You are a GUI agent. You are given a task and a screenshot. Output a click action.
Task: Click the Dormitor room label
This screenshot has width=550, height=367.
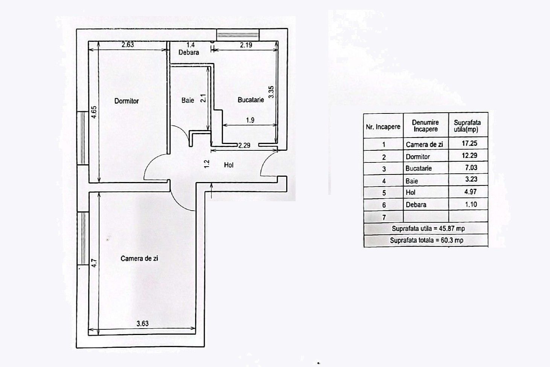click(x=126, y=101)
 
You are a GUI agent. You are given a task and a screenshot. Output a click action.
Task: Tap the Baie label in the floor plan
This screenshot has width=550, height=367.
click(x=187, y=100)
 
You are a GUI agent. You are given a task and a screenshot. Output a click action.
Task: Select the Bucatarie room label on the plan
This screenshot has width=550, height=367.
click(x=250, y=100)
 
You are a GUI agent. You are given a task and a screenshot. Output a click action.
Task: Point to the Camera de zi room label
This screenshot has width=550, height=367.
click(x=139, y=258)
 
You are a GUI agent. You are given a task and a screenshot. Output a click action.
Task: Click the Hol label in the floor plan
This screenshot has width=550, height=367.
click(x=229, y=165)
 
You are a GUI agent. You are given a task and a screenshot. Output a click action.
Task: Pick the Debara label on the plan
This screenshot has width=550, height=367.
click(x=189, y=52)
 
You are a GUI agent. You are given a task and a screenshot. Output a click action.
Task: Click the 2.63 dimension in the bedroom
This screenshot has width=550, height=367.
click(x=128, y=44)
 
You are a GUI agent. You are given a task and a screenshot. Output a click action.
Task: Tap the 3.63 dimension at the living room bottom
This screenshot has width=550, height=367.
click(x=142, y=323)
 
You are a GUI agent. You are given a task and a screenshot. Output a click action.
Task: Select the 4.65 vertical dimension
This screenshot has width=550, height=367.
click(x=94, y=112)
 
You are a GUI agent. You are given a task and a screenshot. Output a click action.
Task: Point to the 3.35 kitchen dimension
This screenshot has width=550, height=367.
click(x=271, y=92)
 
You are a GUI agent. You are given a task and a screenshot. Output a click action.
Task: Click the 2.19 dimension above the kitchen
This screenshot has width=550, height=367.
click(x=246, y=45)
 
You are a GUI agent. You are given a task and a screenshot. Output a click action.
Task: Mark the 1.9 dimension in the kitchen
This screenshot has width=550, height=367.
click(x=250, y=120)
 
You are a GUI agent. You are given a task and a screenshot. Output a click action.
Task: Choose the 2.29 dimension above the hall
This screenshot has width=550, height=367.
click(x=244, y=145)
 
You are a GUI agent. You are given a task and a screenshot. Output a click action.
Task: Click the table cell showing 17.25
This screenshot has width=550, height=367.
click(x=469, y=144)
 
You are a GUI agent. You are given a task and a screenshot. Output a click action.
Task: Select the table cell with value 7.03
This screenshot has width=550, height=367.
click(x=469, y=168)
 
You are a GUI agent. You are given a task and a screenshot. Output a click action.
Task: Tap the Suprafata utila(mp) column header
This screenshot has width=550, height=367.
click(x=467, y=125)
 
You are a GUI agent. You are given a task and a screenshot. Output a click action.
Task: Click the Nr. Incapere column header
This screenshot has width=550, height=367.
click(x=383, y=127)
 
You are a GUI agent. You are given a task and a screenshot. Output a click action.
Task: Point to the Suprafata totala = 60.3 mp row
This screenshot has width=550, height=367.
click(x=426, y=240)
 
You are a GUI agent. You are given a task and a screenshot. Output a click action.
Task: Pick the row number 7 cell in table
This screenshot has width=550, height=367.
click(x=384, y=217)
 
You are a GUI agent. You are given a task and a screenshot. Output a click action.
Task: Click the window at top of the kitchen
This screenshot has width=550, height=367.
click(x=238, y=35)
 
